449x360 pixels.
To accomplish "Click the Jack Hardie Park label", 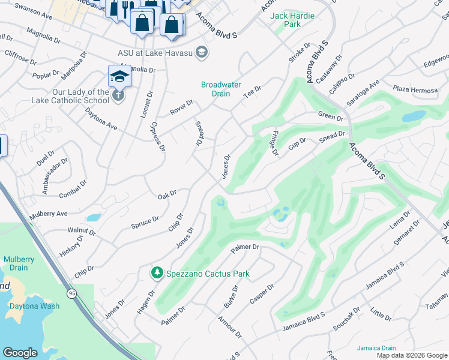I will click(292, 20).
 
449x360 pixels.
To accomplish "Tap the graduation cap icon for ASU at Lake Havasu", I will click(202, 52).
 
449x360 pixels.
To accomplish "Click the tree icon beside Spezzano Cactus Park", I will click(157, 274).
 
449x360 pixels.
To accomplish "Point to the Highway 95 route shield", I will click(71, 293).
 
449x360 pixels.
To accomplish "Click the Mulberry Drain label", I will click(19, 263).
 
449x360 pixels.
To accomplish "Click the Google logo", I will click(20, 352).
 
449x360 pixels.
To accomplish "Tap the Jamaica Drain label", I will click(376, 348).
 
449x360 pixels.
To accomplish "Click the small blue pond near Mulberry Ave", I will click(94, 217).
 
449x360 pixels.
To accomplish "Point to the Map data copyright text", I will click(411, 355).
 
